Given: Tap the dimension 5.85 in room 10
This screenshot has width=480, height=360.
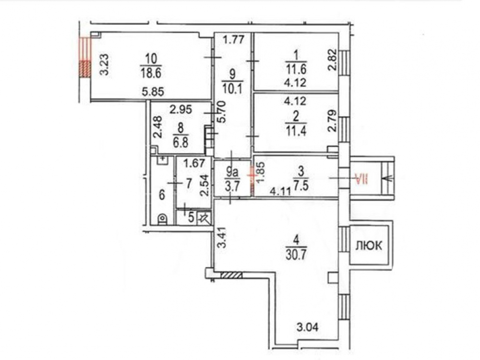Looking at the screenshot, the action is tap(153, 91).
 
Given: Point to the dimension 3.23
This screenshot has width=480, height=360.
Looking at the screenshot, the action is tap(105, 65).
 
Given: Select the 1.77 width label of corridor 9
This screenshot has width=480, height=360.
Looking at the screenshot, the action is tap(233, 39).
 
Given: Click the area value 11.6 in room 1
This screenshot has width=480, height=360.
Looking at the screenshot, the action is tap(296, 70).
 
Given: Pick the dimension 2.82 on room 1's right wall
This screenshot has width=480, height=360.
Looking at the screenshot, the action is tap(333, 60).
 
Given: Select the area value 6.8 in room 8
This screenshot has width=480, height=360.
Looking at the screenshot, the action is tap(180, 143).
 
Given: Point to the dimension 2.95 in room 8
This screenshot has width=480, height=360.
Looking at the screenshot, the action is tap(180, 109).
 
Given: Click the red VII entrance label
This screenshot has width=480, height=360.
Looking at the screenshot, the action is tap(361, 179).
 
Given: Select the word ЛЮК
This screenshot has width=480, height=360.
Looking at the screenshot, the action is tap(369, 245).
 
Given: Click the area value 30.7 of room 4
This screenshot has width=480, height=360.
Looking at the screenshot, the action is tap(296, 254).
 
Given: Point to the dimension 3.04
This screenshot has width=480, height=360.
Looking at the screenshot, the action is tap(307, 327).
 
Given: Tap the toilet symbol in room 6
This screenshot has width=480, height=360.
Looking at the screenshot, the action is tap(162, 219).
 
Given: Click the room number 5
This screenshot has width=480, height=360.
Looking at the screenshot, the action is tap(191, 217).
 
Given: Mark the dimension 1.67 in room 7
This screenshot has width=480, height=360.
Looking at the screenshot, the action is tap(194, 163).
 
